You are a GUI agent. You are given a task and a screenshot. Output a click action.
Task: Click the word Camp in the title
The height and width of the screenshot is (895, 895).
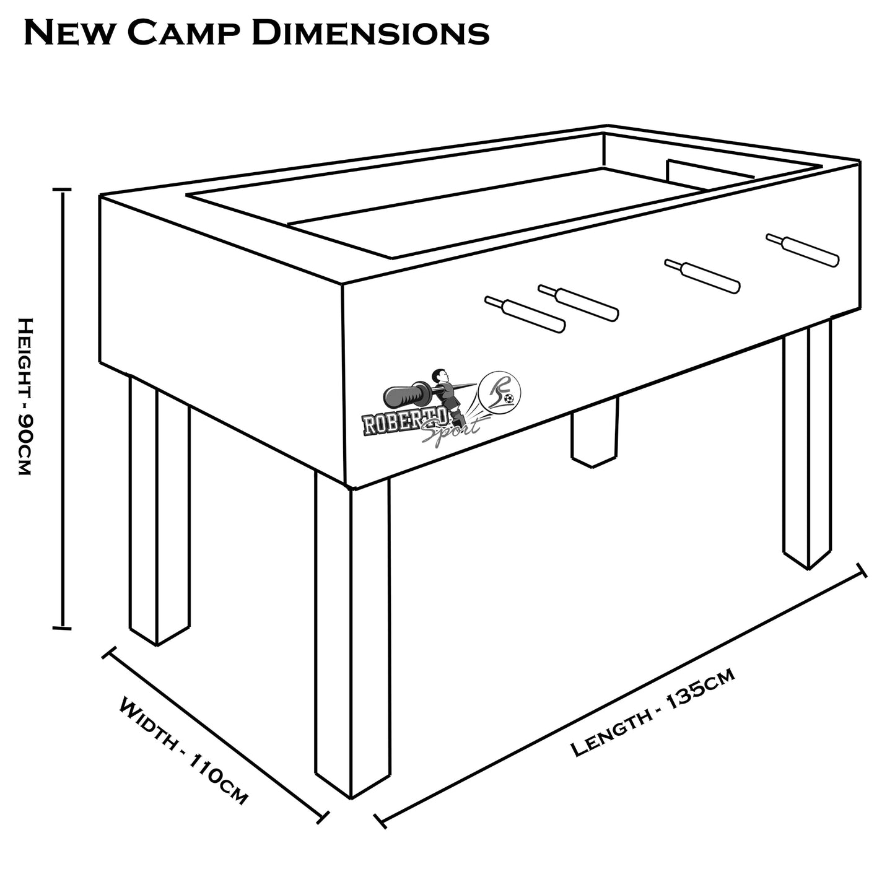pos(185,33)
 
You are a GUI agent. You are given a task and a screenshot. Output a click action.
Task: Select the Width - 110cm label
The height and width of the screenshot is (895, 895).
pos(183,751)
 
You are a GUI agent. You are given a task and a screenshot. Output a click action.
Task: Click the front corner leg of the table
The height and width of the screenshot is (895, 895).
pos(352,638)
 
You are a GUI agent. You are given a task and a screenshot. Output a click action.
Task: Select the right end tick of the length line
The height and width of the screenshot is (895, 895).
pos(861,570)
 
